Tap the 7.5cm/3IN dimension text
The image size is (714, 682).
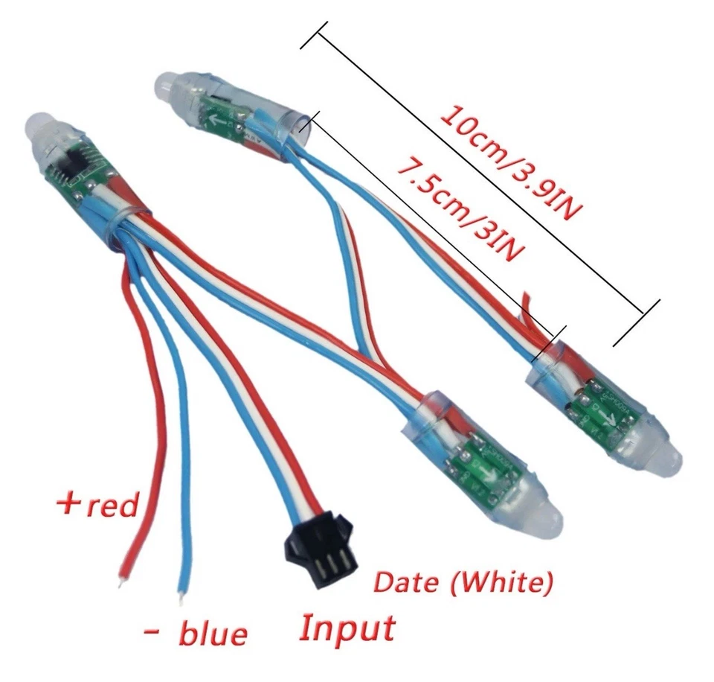pyautogui.click(x=457, y=208)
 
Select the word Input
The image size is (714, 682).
pyautogui.click(x=347, y=627)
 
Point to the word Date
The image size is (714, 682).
pyautogui.click(x=405, y=581)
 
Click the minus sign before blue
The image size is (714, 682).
pyautogui.click(x=152, y=631)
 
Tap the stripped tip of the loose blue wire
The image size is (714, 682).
pyautogui.click(x=180, y=596)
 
